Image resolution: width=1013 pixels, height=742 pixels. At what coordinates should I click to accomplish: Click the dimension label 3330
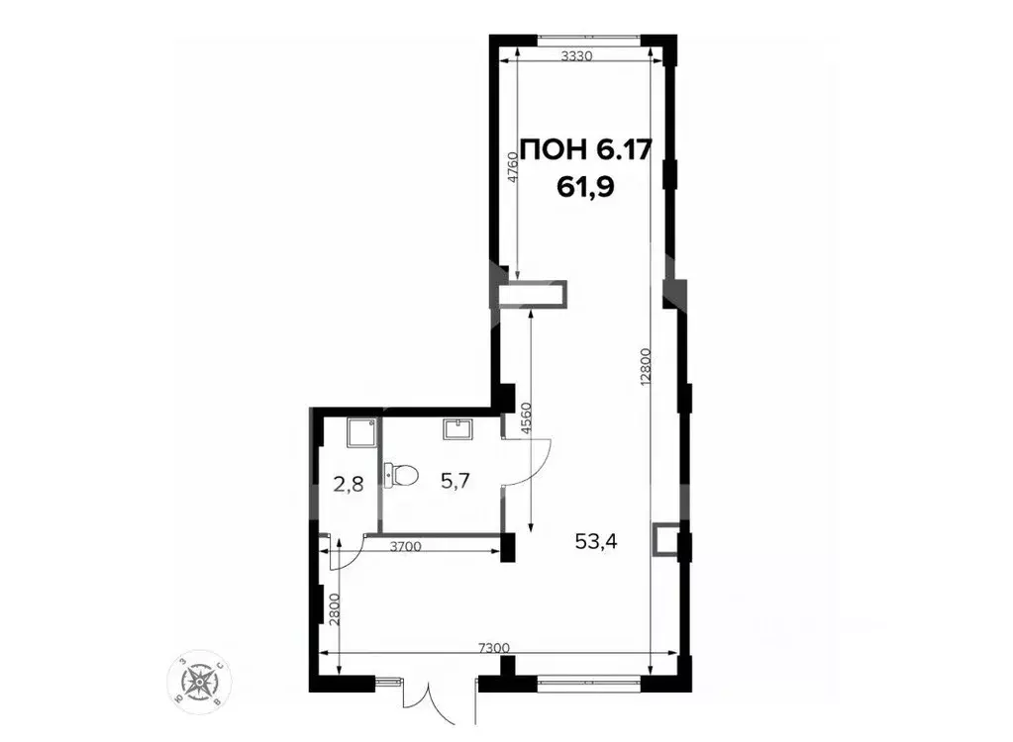pos(575,56)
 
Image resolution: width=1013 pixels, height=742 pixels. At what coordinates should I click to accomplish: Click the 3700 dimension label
pos(406,545)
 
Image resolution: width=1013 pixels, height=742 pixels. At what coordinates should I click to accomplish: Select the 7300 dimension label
pos(494,647)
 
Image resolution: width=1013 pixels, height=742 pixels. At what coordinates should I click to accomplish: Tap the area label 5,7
pos(455,481)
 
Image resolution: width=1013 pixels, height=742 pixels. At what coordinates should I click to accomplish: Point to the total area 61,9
pos(585,187)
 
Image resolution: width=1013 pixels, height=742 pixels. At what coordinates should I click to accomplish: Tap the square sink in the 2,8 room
pos(360,431)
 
